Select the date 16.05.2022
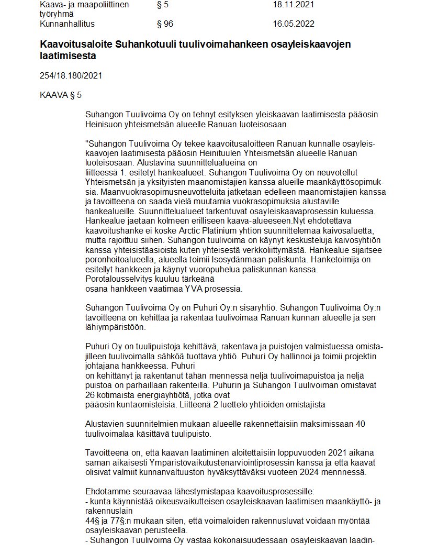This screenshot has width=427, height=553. (294, 24)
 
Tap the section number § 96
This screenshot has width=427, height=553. (165, 24)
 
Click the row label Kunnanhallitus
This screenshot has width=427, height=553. (67, 24)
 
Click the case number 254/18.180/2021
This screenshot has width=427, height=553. (71, 75)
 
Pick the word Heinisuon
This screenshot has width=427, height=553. (105, 125)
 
